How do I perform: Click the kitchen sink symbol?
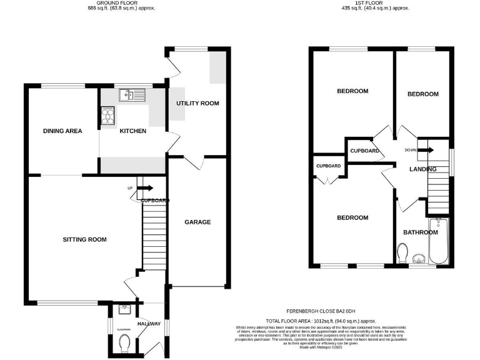pos(133,95)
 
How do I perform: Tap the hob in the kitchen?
pos(107,116)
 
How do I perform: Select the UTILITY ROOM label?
pos(197,103)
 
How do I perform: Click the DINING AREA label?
pos(62,131)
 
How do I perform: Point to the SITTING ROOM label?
pos(84,239)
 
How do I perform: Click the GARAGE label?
pos(197,222)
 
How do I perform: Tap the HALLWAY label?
pos(149,324)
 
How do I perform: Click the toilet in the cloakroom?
pos(123,342)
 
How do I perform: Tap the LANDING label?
pos(422,169)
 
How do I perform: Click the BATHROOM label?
pos(420,232)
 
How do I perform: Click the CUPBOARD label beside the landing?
pos(364,151)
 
